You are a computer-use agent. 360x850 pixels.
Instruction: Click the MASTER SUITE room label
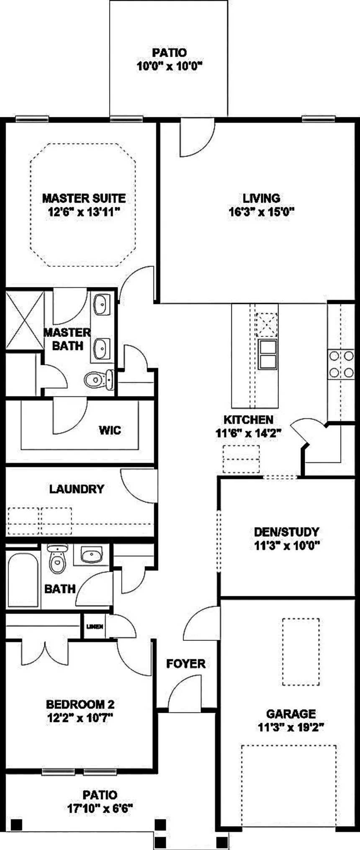click(x=84, y=198)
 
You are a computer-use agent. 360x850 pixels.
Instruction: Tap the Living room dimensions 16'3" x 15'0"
click(x=262, y=212)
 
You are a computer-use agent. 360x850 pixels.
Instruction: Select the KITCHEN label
click(x=248, y=419)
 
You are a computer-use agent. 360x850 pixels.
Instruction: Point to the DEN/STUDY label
click(x=287, y=532)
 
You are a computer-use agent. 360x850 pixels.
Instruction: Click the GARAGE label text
click(x=291, y=713)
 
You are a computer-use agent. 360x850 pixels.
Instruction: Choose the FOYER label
click(x=186, y=663)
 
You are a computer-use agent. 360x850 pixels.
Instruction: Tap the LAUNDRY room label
click(x=77, y=489)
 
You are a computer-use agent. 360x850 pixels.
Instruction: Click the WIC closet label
click(x=110, y=430)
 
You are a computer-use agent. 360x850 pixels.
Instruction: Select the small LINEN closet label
click(x=95, y=627)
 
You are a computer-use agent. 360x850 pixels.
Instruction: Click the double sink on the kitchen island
click(x=267, y=354)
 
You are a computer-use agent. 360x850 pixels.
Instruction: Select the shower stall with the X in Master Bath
click(x=25, y=320)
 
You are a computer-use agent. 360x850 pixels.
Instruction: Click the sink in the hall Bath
click(x=92, y=555)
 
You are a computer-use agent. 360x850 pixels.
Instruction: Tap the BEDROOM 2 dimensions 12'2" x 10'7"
click(x=80, y=718)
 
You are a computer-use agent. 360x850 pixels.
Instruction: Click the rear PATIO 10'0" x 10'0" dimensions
click(x=170, y=66)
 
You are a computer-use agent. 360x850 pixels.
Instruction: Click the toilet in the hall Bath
click(x=57, y=558)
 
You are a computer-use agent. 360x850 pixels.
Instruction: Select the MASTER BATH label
click(x=67, y=339)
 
